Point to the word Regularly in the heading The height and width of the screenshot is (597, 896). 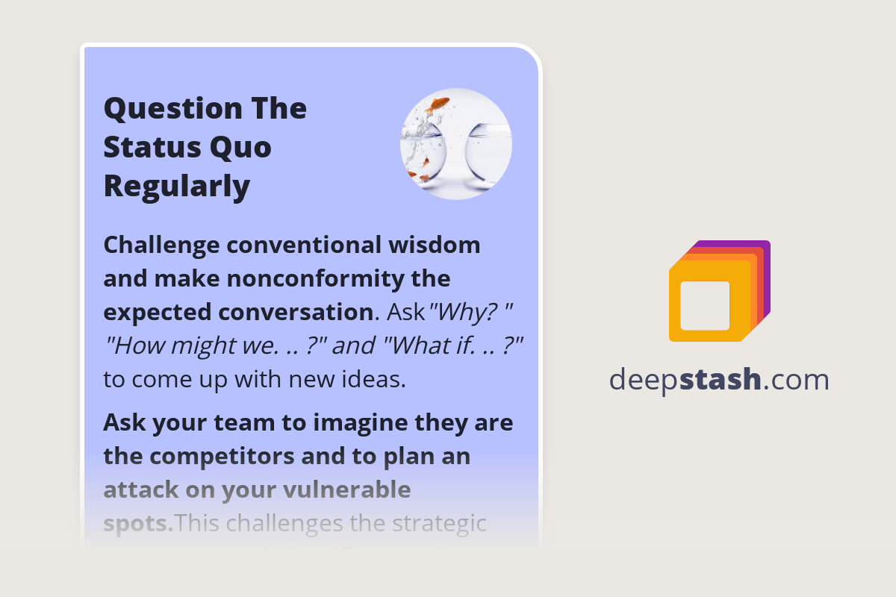[x=176, y=186]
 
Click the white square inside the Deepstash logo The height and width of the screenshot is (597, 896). [x=705, y=305]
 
